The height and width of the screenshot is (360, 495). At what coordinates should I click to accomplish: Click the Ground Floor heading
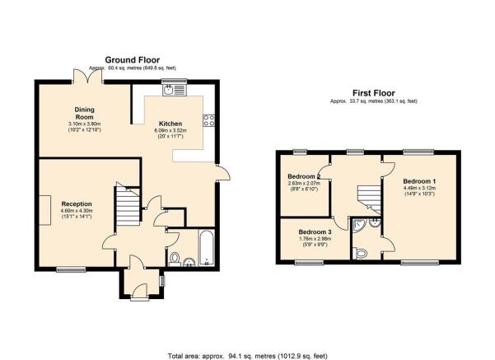(x=133, y=60)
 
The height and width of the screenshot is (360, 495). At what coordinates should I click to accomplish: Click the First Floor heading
(x=373, y=93)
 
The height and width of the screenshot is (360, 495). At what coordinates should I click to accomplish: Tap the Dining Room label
(x=84, y=113)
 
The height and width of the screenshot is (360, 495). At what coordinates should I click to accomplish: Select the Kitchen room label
(x=170, y=124)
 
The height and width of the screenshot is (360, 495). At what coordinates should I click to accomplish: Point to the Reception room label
(x=77, y=204)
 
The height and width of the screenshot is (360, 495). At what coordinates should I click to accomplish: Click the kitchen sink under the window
(x=174, y=90)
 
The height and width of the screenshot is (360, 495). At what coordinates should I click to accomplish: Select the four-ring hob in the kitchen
(x=209, y=120)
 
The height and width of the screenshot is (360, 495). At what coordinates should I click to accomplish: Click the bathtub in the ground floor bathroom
(x=207, y=248)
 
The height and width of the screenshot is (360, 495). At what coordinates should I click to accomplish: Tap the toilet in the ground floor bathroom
(x=175, y=259)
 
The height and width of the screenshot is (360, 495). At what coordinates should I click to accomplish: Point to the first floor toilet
(x=361, y=253)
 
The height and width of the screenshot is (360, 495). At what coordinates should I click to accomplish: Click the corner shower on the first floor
(x=358, y=226)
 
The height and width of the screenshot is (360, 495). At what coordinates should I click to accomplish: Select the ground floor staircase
(x=128, y=204)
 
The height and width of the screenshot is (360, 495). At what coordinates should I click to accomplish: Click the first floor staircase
(x=369, y=199)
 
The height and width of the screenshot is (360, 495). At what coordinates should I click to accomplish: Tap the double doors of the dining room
(x=88, y=76)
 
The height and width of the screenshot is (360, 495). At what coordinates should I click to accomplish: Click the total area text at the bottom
(x=247, y=356)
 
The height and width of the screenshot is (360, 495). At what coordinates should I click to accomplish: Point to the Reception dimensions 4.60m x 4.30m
(x=77, y=211)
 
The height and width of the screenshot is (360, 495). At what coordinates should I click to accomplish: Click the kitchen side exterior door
(x=223, y=172)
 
